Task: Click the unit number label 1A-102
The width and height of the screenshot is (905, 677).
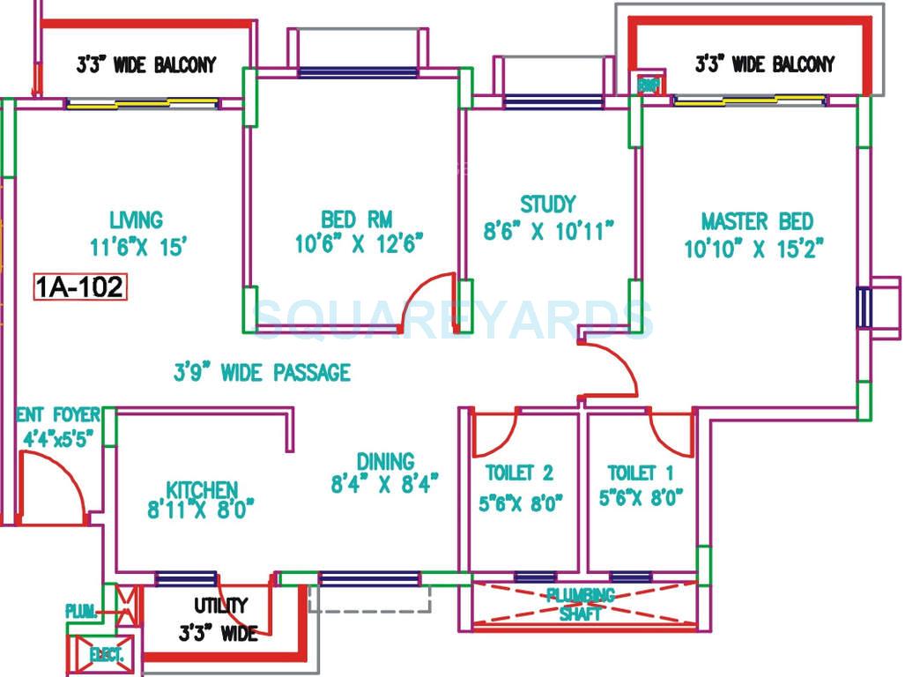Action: pyautogui.click(x=80, y=287)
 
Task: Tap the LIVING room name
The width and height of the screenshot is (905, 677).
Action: pyautogui.click(x=137, y=219)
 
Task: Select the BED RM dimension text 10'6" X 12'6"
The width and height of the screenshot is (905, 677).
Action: pyautogui.click(x=360, y=242)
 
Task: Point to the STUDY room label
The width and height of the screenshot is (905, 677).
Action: pyautogui.click(x=547, y=205)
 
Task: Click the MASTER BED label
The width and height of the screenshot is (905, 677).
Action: pyautogui.click(x=757, y=221)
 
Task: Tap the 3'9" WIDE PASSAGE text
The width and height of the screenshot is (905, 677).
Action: pyautogui.click(x=262, y=373)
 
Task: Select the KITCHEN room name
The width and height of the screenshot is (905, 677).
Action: pyautogui.click(x=202, y=489)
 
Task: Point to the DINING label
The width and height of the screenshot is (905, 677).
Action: pyautogui.click(x=385, y=461)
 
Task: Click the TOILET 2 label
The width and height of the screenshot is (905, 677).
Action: pyautogui.click(x=520, y=473)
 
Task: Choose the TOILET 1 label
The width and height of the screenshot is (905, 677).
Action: pyautogui.click(x=641, y=473)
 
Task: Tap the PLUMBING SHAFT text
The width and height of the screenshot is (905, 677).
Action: pyautogui.click(x=580, y=604)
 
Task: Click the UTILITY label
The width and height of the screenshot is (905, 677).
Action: pyautogui.click(x=220, y=606)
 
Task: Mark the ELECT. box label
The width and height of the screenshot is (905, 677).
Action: pyautogui.click(x=107, y=655)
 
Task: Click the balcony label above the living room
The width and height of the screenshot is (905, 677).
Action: pyautogui.click(x=146, y=64)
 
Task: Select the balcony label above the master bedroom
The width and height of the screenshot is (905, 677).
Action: pyautogui.click(x=764, y=63)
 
